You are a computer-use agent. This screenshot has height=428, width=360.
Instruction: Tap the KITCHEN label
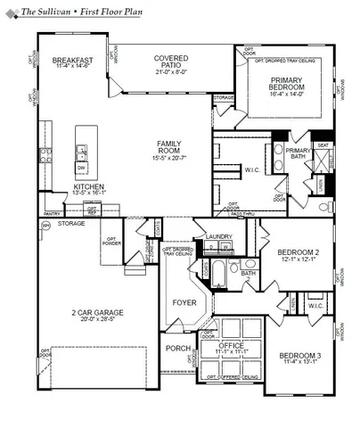click(x=88, y=186)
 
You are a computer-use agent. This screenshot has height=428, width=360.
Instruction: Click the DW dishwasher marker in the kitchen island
click(x=81, y=167)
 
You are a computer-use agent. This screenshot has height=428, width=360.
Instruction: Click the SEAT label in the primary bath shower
click(x=323, y=144)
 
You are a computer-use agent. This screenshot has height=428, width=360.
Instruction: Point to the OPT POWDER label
click(x=112, y=243)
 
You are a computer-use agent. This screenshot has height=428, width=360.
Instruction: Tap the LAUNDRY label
click(x=218, y=236)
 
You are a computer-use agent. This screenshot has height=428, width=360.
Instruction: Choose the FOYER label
click(x=184, y=302)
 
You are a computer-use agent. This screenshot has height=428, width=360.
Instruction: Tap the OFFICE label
click(x=231, y=345)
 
